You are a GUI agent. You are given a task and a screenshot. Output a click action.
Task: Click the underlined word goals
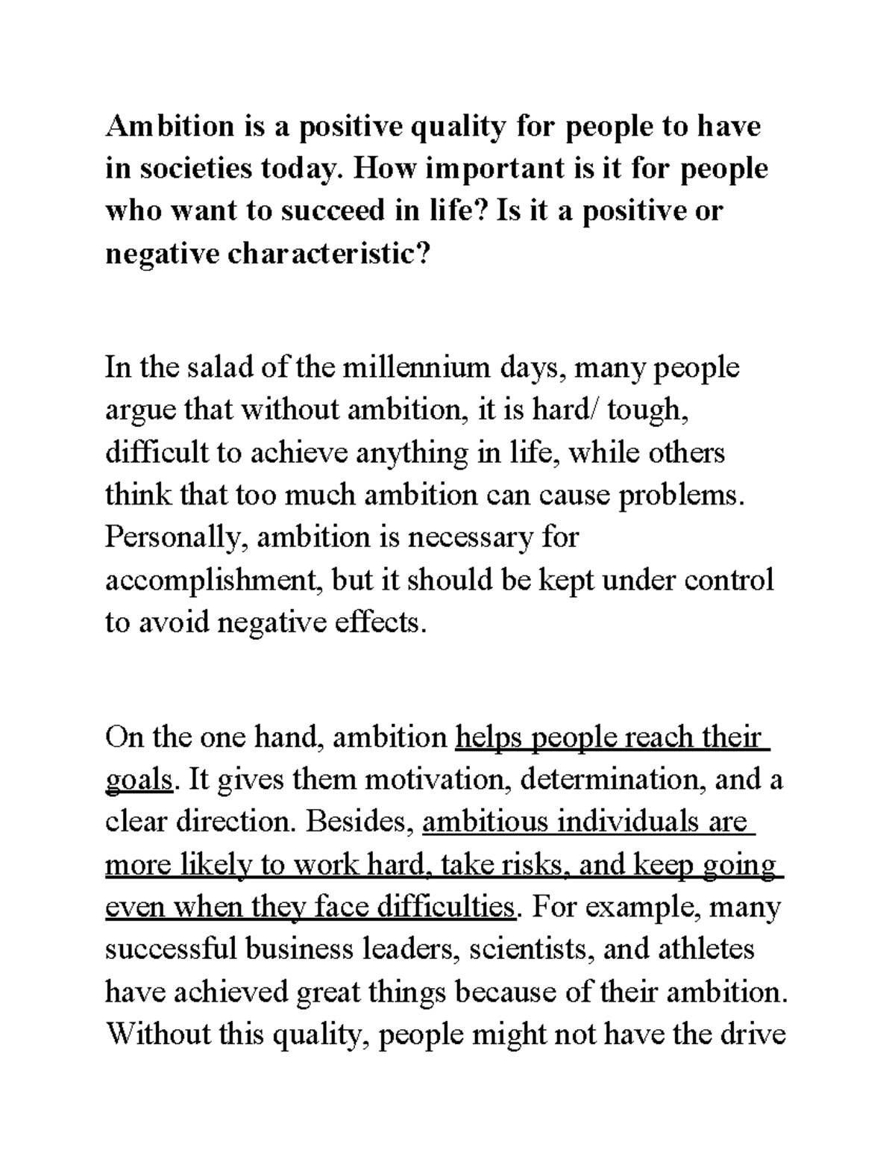coord(139,781)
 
